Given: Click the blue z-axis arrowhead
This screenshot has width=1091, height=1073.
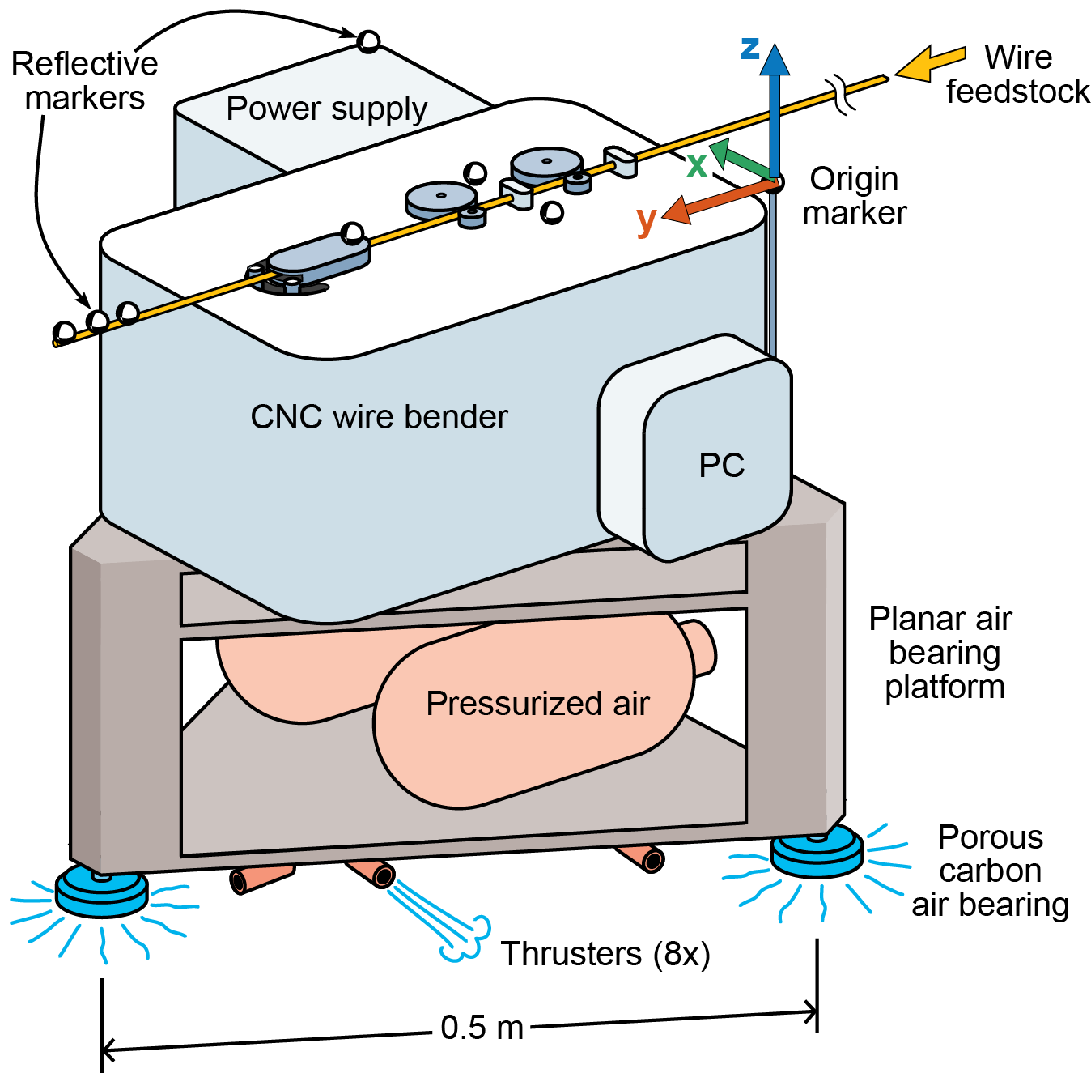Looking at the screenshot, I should click(x=775, y=60).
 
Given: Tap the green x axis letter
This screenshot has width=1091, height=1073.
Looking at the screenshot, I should click(x=697, y=165).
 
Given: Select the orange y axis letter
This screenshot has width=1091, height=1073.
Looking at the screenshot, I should click(x=646, y=219).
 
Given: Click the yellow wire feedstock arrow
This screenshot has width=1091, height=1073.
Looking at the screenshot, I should click(x=930, y=62).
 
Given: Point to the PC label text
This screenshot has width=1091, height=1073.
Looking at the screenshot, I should click(x=721, y=466).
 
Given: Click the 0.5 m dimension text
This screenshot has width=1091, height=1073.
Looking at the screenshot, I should click(x=482, y=1028).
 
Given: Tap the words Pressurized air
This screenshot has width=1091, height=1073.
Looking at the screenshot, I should click(x=537, y=703).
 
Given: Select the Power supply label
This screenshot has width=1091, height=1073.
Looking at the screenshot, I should click(x=326, y=109).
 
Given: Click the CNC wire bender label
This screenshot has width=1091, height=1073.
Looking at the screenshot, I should click(x=379, y=417).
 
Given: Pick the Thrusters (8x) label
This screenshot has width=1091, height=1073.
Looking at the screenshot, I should click(x=605, y=954).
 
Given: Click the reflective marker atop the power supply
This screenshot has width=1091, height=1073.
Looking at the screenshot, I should click(x=368, y=40).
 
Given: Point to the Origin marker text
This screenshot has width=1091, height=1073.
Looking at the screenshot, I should click(x=855, y=196).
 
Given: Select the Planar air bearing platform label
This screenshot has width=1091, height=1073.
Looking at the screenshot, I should click(x=942, y=653).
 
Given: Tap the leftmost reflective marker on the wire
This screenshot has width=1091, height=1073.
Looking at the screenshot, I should click(x=64, y=332).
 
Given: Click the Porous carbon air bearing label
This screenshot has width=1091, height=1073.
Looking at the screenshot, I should click(x=990, y=871).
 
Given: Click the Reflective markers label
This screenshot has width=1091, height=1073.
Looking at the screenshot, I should click(x=84, y=81).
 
